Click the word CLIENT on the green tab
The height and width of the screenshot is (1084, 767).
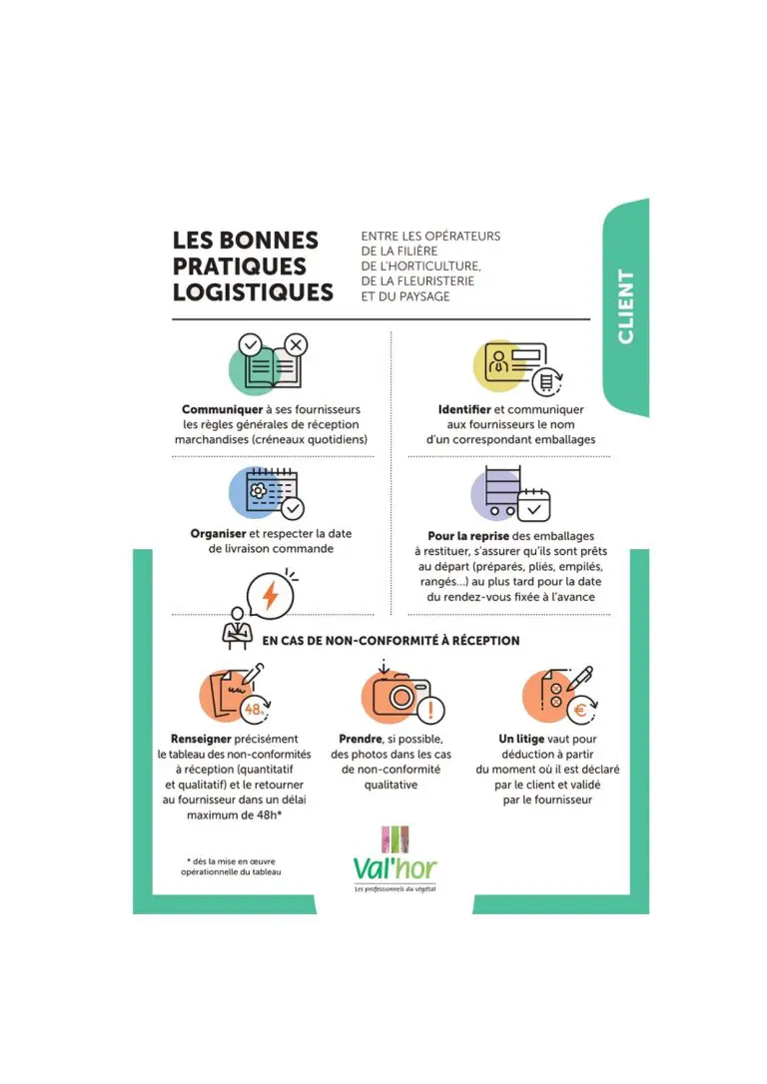[x=626, y=306]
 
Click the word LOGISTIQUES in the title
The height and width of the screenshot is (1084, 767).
[x=253, y=292]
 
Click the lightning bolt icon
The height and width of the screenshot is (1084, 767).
[x=270, y=595]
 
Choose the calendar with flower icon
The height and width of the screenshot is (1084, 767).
[x=262, y=491]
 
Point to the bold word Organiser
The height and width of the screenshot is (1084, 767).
[x=218, y=533]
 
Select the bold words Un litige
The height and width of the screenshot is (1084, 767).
[x=520, y=739]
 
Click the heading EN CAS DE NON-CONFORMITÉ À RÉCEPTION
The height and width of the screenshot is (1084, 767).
[x=390, y=641]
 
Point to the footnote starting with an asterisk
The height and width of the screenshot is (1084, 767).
[x=231, y=866]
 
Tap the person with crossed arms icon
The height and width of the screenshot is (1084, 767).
[x=236, y=627]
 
